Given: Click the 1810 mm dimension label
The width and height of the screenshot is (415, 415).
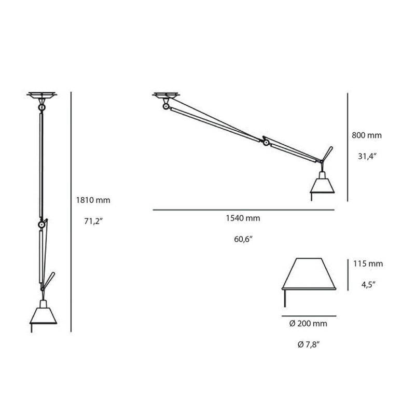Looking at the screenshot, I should coord(94,200).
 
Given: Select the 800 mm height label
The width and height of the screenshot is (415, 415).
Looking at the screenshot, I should coord(367,135).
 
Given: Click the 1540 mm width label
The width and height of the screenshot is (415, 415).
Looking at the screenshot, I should coord(243,218).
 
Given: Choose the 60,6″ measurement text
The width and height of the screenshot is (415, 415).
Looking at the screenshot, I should coord(243,239).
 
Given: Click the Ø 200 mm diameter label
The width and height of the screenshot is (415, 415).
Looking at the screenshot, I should coord(309,323).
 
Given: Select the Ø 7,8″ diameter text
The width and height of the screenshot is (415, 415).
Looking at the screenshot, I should coord(309,344).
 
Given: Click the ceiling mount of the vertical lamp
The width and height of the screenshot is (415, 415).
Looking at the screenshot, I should coord(41,96).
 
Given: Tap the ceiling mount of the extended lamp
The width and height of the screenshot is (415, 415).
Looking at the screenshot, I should coord(166,96).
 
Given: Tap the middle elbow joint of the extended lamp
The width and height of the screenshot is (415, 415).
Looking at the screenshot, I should coord(266,142).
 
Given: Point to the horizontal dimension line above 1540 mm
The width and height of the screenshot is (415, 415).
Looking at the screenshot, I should coord(243,210).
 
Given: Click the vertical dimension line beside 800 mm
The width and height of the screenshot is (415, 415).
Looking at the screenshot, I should coord(347,147).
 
